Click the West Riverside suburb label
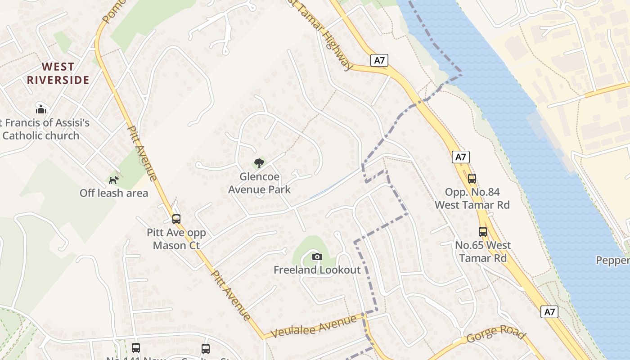pyautogui.click(x=58, y=73)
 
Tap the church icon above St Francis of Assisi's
pyautogui.click(x=41, y=109)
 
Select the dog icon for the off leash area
pyautogui.click(x=113, y=180)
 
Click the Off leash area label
pyautogui.click(x=114, y=193)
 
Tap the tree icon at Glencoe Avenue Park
pyautogui.click(x=259, y=163)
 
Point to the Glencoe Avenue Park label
pyautogui.click(x=259, y=183)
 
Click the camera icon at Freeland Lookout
pyautogui.click(x=317, y=257)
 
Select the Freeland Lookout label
pyautogui.click(x=317, y=270)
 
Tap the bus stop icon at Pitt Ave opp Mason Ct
pyautogui.click(x=176, y=219)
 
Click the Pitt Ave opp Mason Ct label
pyautogui.click(x=176, y=239)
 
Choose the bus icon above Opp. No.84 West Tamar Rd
pyautogui.click(x=472, y=179)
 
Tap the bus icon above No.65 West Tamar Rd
pyautogui.click(x=483, y=232)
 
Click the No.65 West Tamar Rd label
pyautogui.click(x=483, y=252)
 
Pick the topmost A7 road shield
pyautogui.click(x=379, y=60)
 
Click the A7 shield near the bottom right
pyautogui.click(x=549, y=312)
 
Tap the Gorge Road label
pyautogui.click(x=495, y=334)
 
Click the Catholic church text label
pyautogui.click(x=41, y=135)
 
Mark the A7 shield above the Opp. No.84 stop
pyautogui.click(x=461, y=157)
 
